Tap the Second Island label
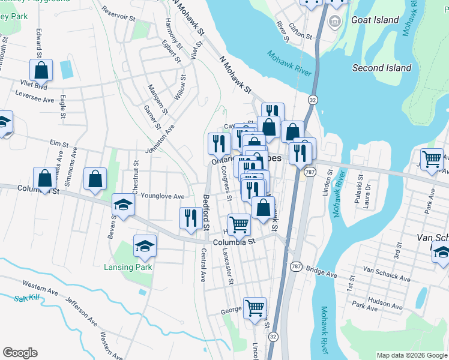click(382, 68)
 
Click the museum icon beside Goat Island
click(335, 23)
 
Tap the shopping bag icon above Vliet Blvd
click(41, 70)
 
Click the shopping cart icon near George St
click(255, 308)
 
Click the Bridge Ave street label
click(321, 271)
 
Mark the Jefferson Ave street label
click(81, 312)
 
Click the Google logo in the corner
click(20, 353)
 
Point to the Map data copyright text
click(412, 355)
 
